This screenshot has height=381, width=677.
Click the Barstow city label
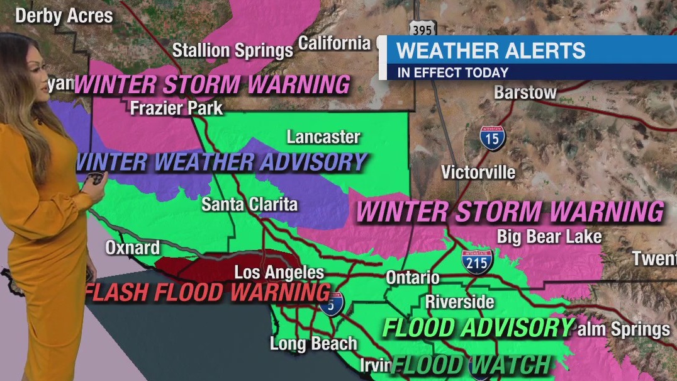pyautogui.click(x=525, y=93)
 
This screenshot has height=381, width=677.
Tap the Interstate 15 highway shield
pyautogui.click(x=492, y=138)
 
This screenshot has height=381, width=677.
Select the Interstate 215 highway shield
pyautogui.click(x=476, y=261)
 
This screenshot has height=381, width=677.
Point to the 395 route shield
pyautogui.click(x=421, y=28)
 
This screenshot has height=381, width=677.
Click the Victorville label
pyautogui.click(x=478, y=172)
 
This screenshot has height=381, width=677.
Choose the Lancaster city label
pyautogui.click(x=323, y=137)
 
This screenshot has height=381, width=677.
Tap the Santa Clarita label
pyautogui.click(x=249, y=204)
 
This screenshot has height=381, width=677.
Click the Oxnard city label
pyautogui.click(x=132, y=247)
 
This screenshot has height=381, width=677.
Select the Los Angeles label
pyautogui.click(x=279, y=273)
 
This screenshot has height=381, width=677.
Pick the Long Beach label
pyautogui.click(x=313, y=344)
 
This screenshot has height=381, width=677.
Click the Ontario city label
pyautogui.click(x=412, y=278)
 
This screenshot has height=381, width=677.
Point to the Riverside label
pyautogui.click(x=459, y=302)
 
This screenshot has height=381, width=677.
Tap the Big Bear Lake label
pyautogui.click(x=549, y=237)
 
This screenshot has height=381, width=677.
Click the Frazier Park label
pyautogui.click(x=176, y=108)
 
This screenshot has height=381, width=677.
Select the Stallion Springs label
pyautogui.click(x=233, y=50)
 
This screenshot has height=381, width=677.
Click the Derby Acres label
pyautogui.click(x=64, y=16)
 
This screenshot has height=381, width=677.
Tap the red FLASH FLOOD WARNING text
pyautogui.click(x=208, y=292)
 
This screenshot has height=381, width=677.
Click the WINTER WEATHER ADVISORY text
pyautogui.click(x=221, y=162)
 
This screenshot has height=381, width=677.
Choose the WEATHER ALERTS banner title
pyautogui.click(x=491, y=50)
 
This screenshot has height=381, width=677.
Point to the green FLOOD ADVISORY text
pyautogui.click(x=478, y=328)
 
